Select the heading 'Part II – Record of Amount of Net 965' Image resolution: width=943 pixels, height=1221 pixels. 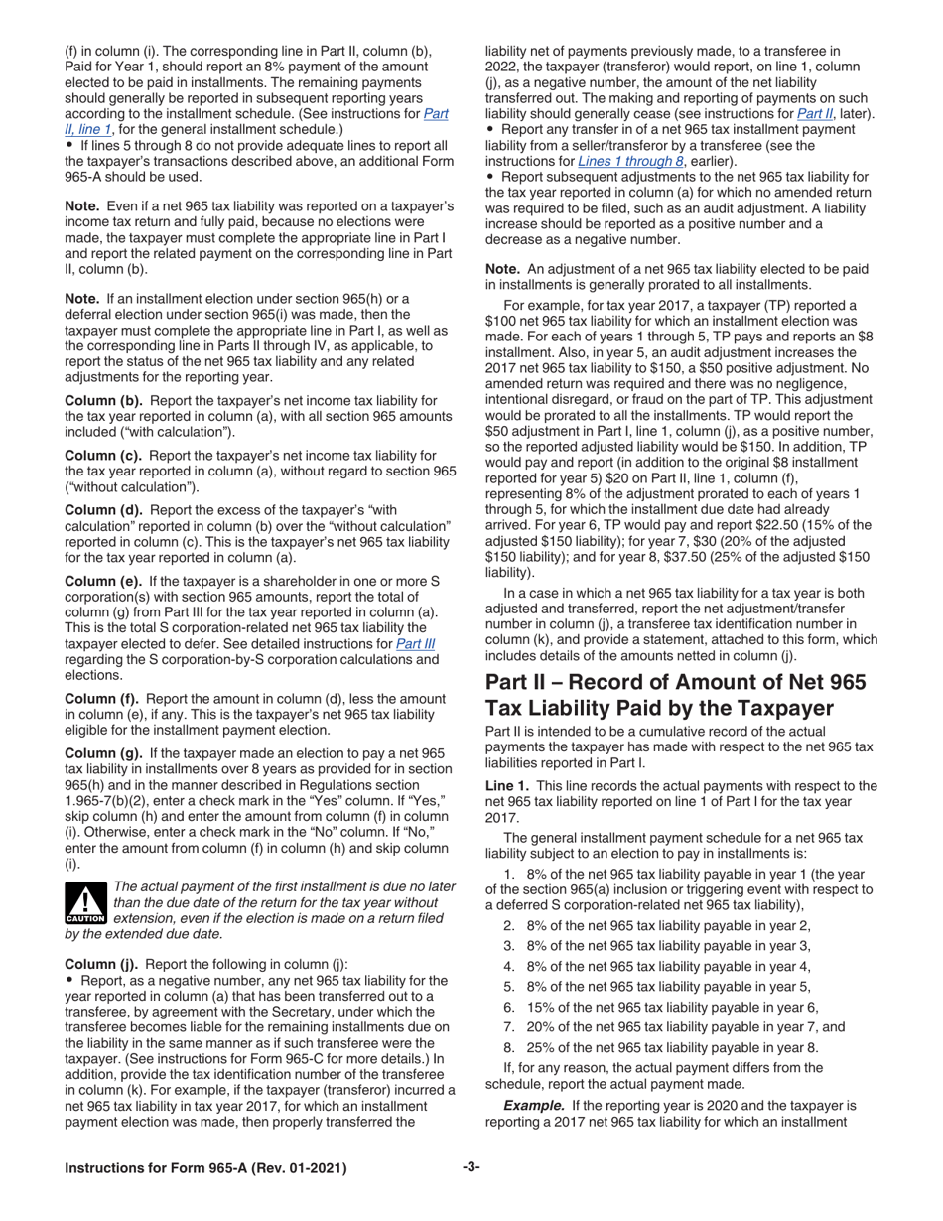click(674, 682)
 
